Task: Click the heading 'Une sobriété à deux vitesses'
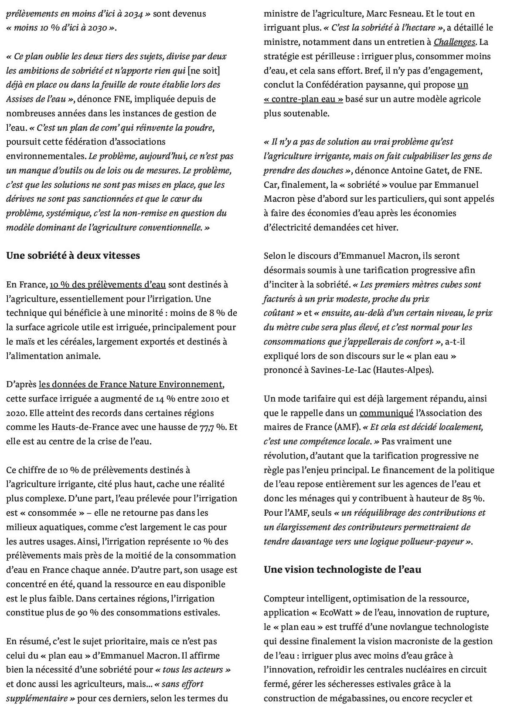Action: coord(73,256)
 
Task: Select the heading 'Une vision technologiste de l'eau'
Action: coord(342,569)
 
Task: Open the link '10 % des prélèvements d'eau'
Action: coord(108,285)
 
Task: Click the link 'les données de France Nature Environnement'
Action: coord(131,385)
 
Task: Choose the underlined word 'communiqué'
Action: coord(386,413)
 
